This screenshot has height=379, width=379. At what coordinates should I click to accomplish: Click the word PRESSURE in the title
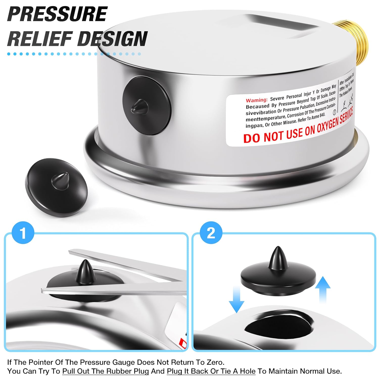[58, 14]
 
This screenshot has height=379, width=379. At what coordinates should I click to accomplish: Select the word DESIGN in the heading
[112, 38]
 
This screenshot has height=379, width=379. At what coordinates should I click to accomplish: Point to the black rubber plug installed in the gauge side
[147, 105]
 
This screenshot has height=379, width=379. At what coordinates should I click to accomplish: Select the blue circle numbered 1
[23, 233]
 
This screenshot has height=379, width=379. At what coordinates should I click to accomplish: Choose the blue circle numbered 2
[211, 233]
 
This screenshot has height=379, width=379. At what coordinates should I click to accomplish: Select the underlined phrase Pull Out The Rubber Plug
[106, 371]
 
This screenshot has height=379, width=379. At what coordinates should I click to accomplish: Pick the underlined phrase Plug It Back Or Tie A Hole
[211, 371]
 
